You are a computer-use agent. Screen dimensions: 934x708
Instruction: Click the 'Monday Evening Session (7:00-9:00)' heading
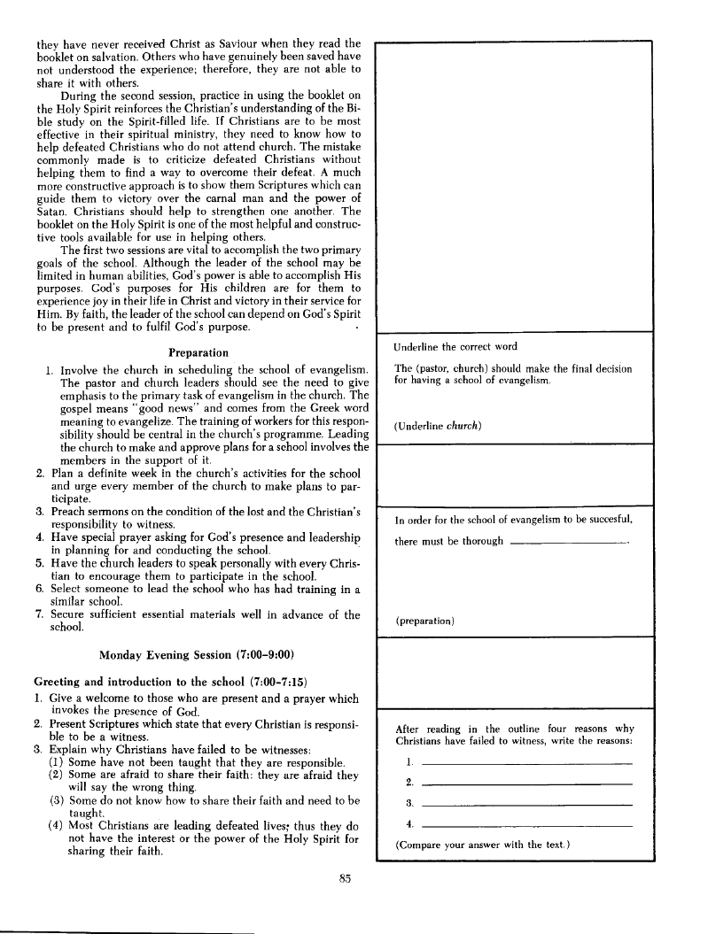[x=197, y=655]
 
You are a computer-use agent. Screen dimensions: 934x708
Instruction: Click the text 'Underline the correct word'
[x=456, y=346]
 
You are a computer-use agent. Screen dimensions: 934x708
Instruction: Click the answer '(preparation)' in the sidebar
[x=424, y=621]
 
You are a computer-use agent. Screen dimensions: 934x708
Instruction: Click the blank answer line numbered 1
[x=526, y=763]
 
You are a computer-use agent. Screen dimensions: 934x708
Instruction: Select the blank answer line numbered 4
[x=526, y=825]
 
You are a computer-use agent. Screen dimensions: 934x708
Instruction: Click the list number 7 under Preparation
[x=41, y=615]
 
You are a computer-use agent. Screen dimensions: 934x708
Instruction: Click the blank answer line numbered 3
[x=526, y=804]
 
